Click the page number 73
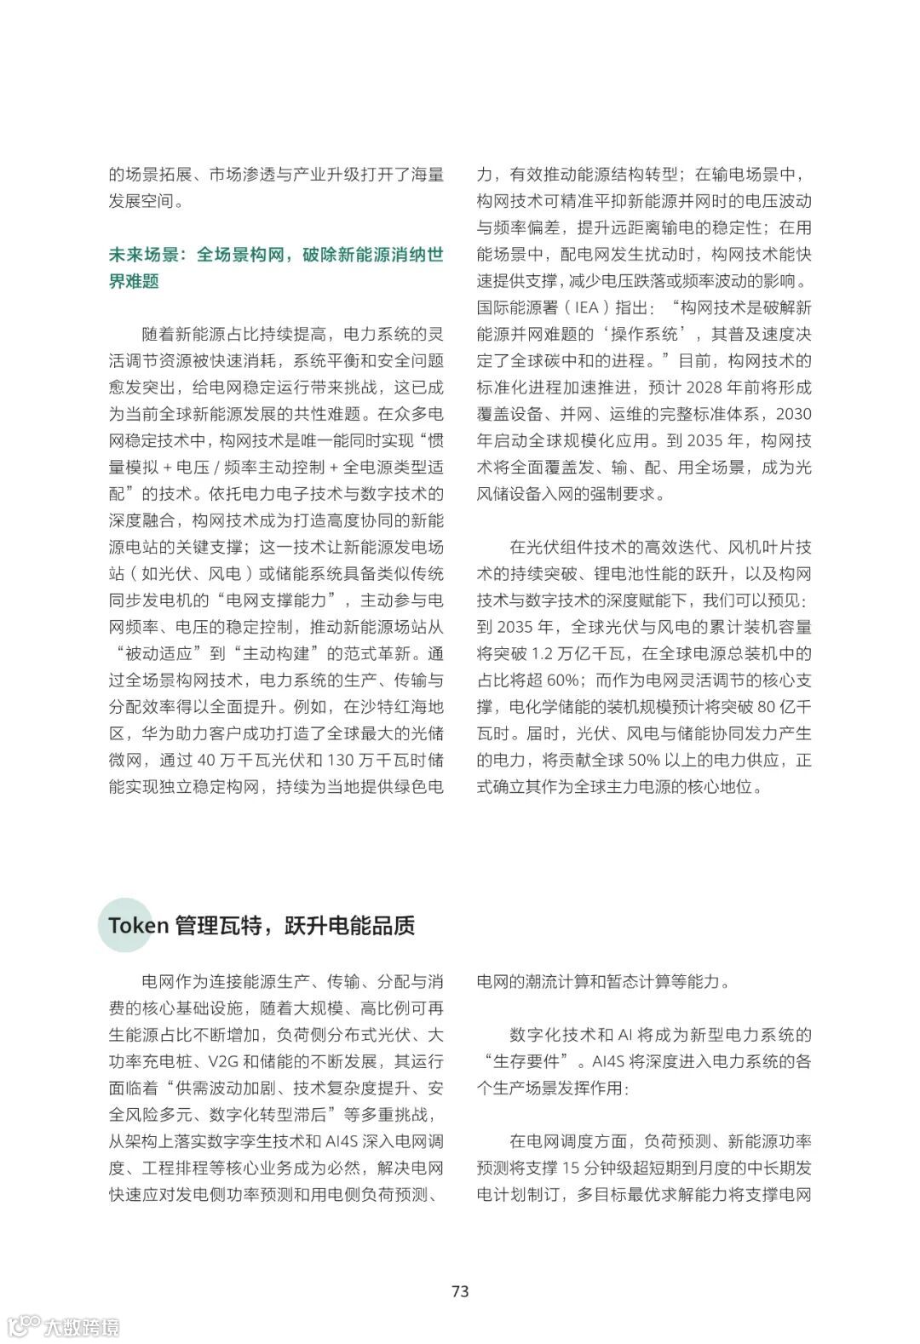[x=460, y=1291]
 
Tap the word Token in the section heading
[x=138, y=926]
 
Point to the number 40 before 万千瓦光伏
[x=207, y=761]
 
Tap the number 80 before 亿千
[x=766, y=707]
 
